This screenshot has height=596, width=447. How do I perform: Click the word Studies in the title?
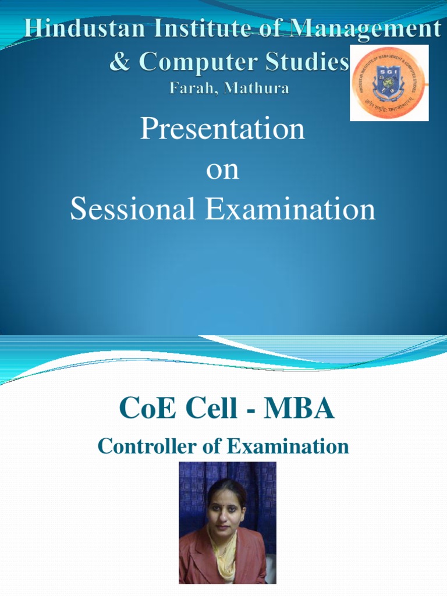pyautogui.click(x=307, y=61)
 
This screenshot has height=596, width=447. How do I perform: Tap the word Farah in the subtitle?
pyautogui.click(x=191, y=89)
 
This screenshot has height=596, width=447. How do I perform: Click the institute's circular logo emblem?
pyautogui.click(x=389, y=83)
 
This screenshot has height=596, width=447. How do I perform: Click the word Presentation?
pyautogui.click(x=222, y=129)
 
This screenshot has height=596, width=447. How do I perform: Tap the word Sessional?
pyautogui.click(x=132, y=210)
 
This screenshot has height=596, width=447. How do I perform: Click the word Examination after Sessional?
pyautogui.click(x=290, y=210)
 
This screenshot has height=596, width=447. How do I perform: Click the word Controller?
pyautogui.click(x=138, y=446)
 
